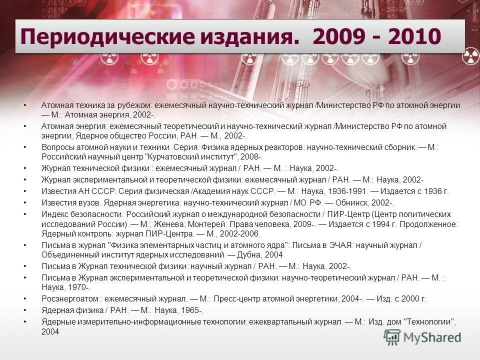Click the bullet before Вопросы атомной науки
click(25, 147)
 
